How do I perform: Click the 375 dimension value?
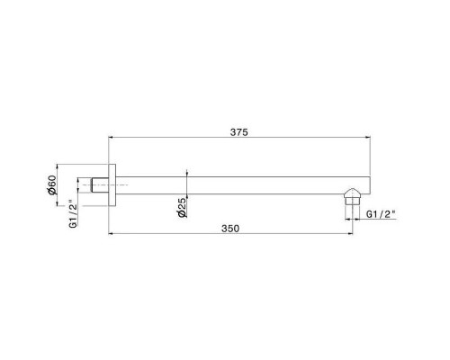coord(239,132)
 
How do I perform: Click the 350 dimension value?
coord(230,229)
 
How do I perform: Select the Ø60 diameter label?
coord(51,184)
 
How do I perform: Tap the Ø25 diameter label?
coord(182,207)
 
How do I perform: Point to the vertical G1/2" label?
coord(73,214)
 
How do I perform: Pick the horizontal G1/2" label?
coord(381,214)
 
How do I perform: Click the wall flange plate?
coord(112,185)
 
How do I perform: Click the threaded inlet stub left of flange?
coord(100,185)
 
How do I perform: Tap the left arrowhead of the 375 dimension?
coord(110,138)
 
